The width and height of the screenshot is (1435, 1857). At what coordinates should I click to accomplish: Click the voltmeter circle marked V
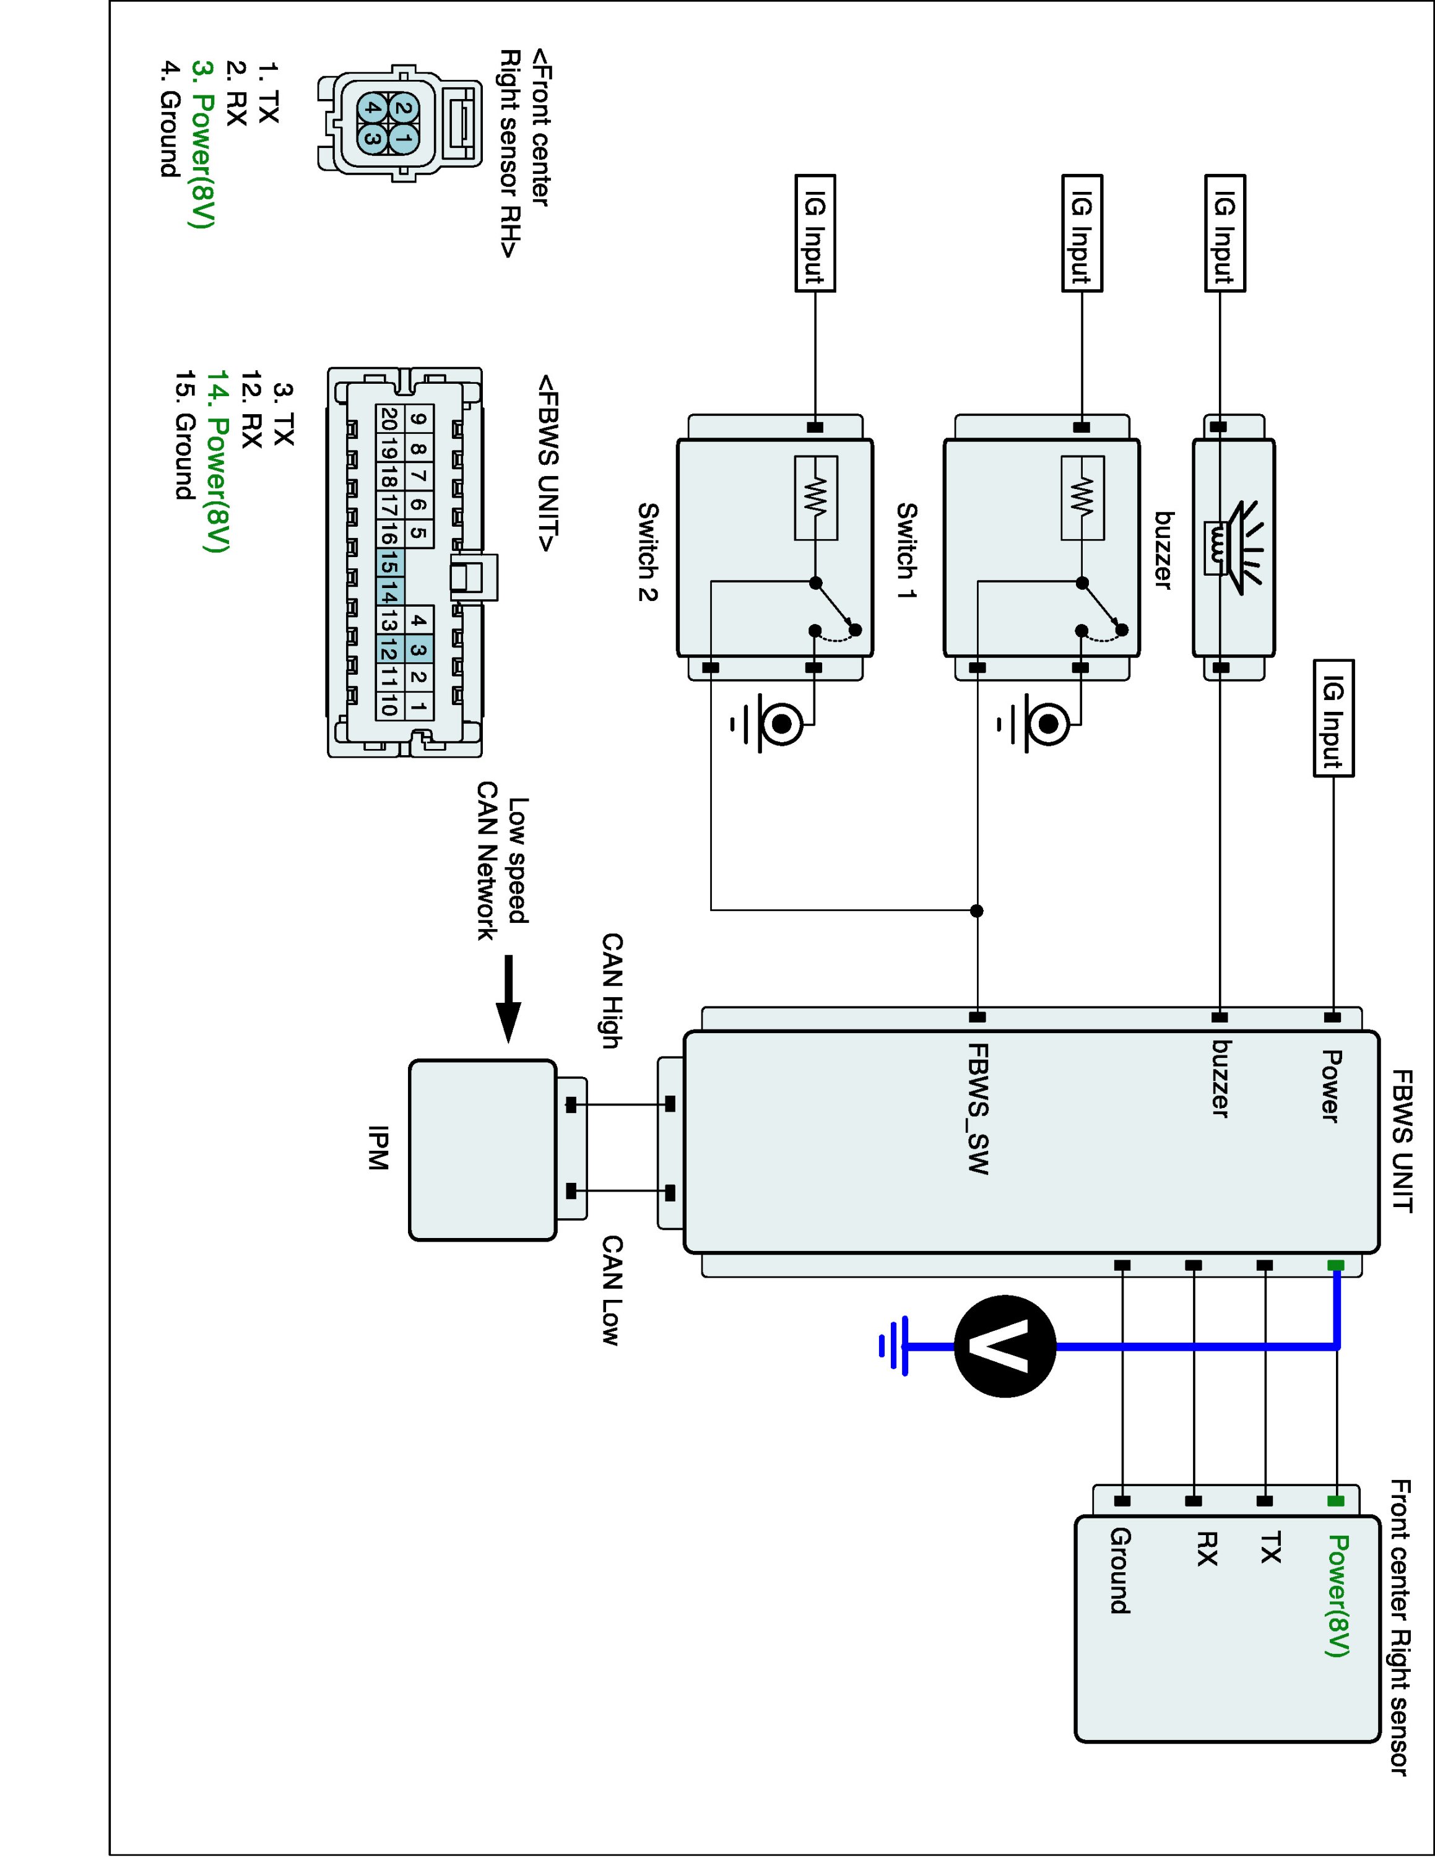point(1005,1346)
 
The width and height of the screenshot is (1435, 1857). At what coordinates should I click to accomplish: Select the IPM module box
point(482,1149)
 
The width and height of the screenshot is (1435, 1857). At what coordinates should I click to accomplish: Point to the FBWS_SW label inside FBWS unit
point(979,1108)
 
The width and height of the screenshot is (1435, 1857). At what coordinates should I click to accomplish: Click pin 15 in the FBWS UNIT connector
point(389,563)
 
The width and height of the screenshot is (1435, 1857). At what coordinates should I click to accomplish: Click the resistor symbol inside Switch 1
point(1082,498)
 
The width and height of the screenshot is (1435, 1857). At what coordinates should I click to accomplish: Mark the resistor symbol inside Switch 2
point(815,498)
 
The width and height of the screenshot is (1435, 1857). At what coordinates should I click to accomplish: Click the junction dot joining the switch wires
point(977,911)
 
